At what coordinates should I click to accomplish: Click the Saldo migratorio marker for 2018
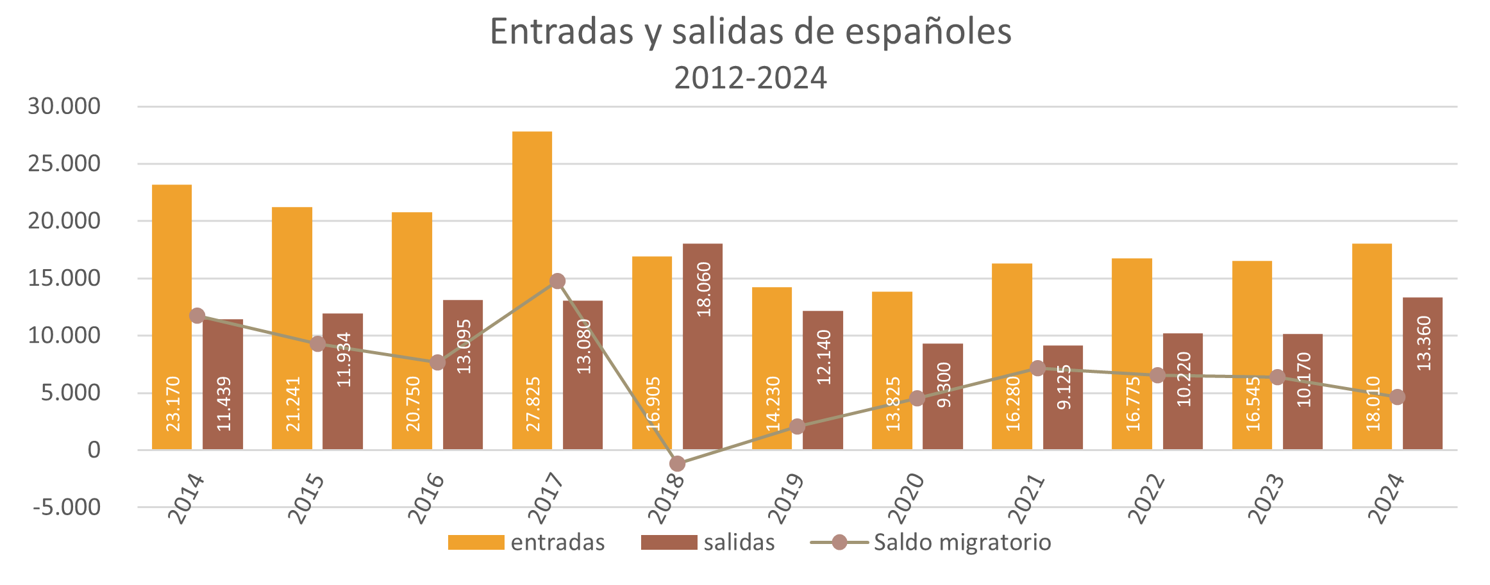tap(677, 463)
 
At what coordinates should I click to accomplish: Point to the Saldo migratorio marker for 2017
tap(557, 281)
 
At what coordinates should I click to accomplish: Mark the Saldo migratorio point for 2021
tap(1037, 368)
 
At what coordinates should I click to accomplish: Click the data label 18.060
tap(704, 289)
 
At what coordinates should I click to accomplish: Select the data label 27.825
tap(533, 404)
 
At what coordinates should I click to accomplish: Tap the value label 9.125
tap(1064, 386)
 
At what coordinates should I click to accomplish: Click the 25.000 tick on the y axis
tap(64, 163)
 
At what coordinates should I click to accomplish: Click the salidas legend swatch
tap(669, 542)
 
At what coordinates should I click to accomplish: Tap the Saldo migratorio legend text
tap(962, 542)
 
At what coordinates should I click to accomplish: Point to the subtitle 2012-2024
tap(750, 78)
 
